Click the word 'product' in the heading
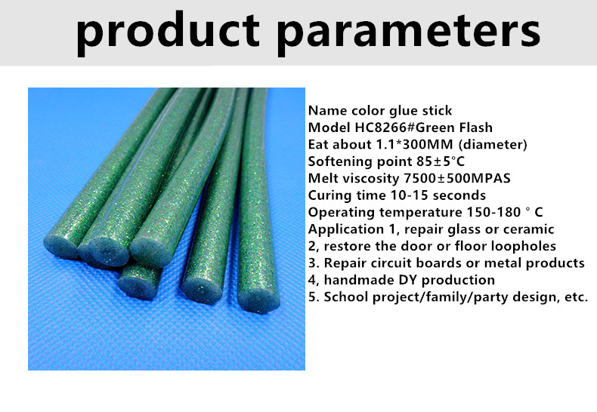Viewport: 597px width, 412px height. click(168, 32)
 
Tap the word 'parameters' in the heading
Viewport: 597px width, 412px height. click(409, 32)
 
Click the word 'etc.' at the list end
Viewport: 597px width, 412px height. click(577, 297)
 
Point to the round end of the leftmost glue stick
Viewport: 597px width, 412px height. click(61, 247)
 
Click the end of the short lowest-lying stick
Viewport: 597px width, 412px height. click(137, 287)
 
